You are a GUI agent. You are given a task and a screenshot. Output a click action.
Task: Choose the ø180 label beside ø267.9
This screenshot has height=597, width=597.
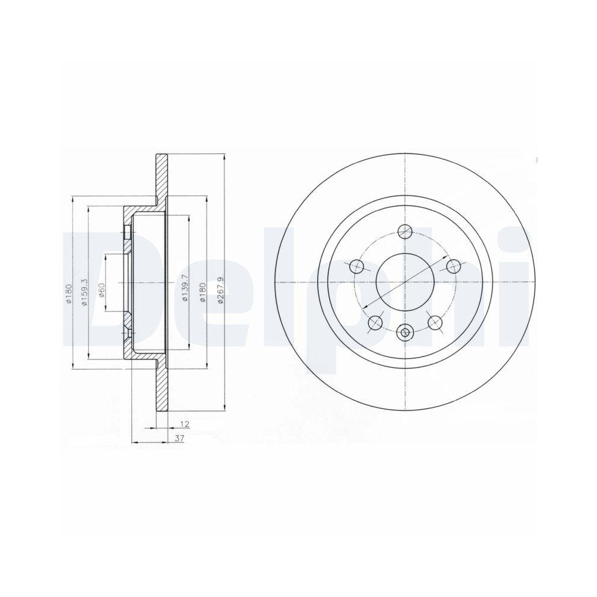[203, 292]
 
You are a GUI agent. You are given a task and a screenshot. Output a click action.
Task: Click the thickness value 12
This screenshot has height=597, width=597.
[185, 424]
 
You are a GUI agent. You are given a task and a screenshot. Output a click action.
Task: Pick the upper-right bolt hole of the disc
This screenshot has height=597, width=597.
[453, 266]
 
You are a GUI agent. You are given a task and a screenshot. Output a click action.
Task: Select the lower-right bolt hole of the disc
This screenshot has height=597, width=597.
[435, 322]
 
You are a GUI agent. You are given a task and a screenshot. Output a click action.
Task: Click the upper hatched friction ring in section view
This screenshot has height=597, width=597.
[162, 179]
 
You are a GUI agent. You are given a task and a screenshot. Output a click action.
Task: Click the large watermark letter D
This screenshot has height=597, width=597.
[107, 287]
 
